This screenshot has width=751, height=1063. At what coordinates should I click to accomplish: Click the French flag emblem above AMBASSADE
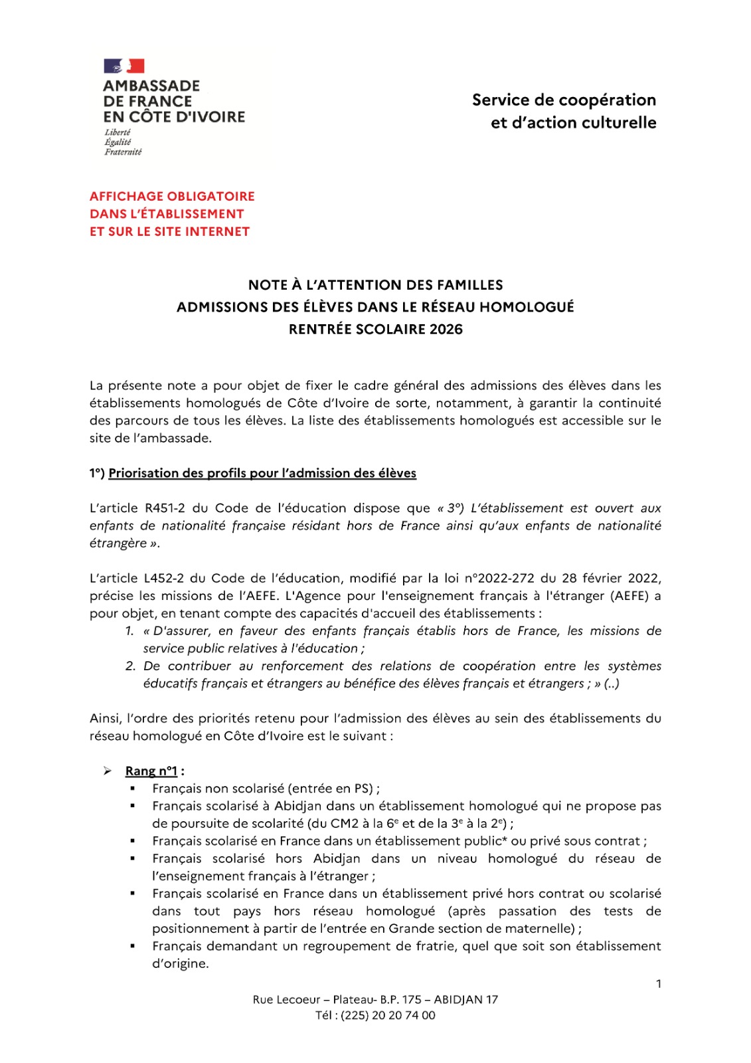point(124,66)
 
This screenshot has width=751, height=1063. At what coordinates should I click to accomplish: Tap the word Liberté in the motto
point(118,132)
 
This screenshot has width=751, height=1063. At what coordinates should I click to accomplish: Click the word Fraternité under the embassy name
point(123,152)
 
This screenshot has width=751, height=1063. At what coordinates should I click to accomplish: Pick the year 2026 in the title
point(446,330)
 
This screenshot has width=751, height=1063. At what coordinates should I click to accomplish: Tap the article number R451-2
point(165,508)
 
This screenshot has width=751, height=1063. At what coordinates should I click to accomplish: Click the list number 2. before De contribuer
point(130,666)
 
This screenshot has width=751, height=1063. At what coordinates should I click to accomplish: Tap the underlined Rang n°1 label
point(151,771)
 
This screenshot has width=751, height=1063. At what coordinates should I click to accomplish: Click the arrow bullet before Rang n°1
point(108,771)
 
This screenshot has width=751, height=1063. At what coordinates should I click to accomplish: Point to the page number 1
point(658,984)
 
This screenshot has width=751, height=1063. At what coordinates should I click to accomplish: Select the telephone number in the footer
point(388,1016)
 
